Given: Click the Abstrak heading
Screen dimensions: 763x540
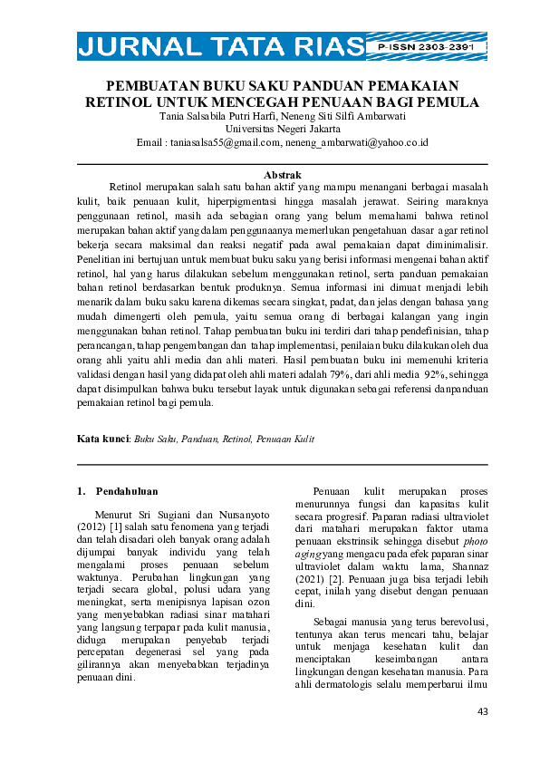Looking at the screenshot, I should [x=281, y=174].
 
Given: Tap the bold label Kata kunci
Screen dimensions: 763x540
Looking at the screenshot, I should [x=102, y=439].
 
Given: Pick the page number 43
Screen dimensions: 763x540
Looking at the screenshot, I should [x=482, y=711].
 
